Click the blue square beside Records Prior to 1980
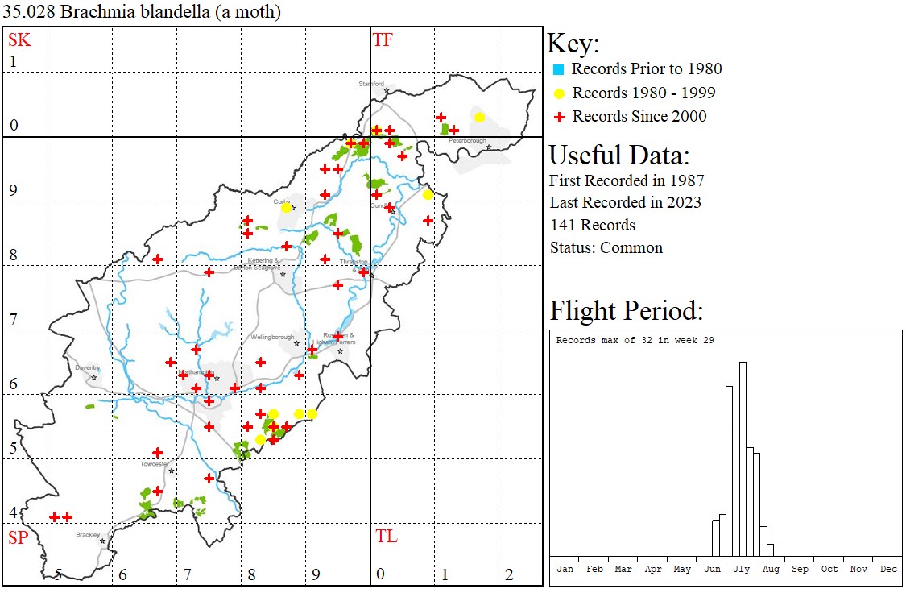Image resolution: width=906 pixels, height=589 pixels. click(558, 69)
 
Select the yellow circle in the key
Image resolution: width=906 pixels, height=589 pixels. click(558, 93)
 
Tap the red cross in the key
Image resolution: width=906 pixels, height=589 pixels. click(558, 117)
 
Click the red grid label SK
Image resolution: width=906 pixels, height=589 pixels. click(19, 39)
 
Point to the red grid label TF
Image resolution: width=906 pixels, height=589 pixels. click(383, 39)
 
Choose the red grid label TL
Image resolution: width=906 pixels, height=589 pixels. click(386, 537)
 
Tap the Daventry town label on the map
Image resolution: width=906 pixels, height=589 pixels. click(87, 367)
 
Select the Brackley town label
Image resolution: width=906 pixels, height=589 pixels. click(88, 534)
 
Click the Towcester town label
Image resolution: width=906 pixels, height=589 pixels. click(155, 464)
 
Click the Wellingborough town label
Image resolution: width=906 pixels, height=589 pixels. click(273, 337)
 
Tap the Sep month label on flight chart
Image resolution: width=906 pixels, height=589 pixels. click(800, 569)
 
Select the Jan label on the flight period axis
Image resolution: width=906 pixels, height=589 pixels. click(565, 569)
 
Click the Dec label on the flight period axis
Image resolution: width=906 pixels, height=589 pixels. click(888, 569)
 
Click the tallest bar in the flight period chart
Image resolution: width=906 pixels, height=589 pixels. click(743, 459)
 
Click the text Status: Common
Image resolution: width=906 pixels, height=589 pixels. click(606, 248)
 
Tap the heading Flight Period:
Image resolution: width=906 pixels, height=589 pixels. click(626, 311)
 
